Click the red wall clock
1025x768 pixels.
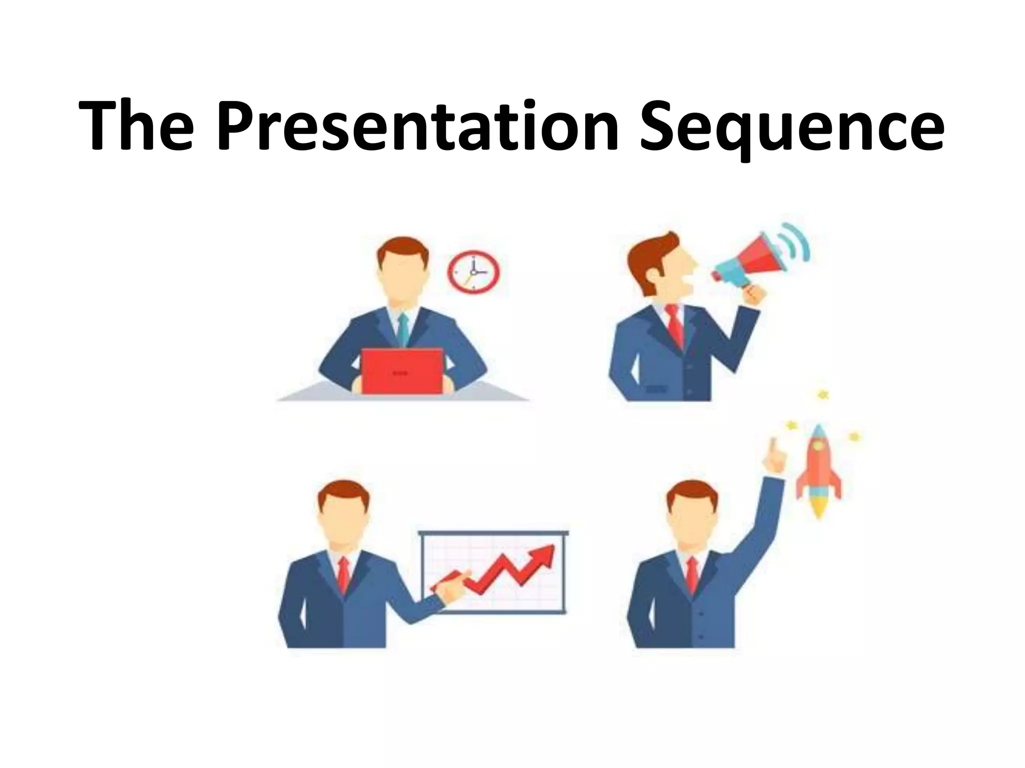point(473,272)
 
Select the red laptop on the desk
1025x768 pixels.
point(402,371)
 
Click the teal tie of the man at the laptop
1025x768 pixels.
point(403,327)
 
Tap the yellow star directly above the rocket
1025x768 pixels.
point(822,395)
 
